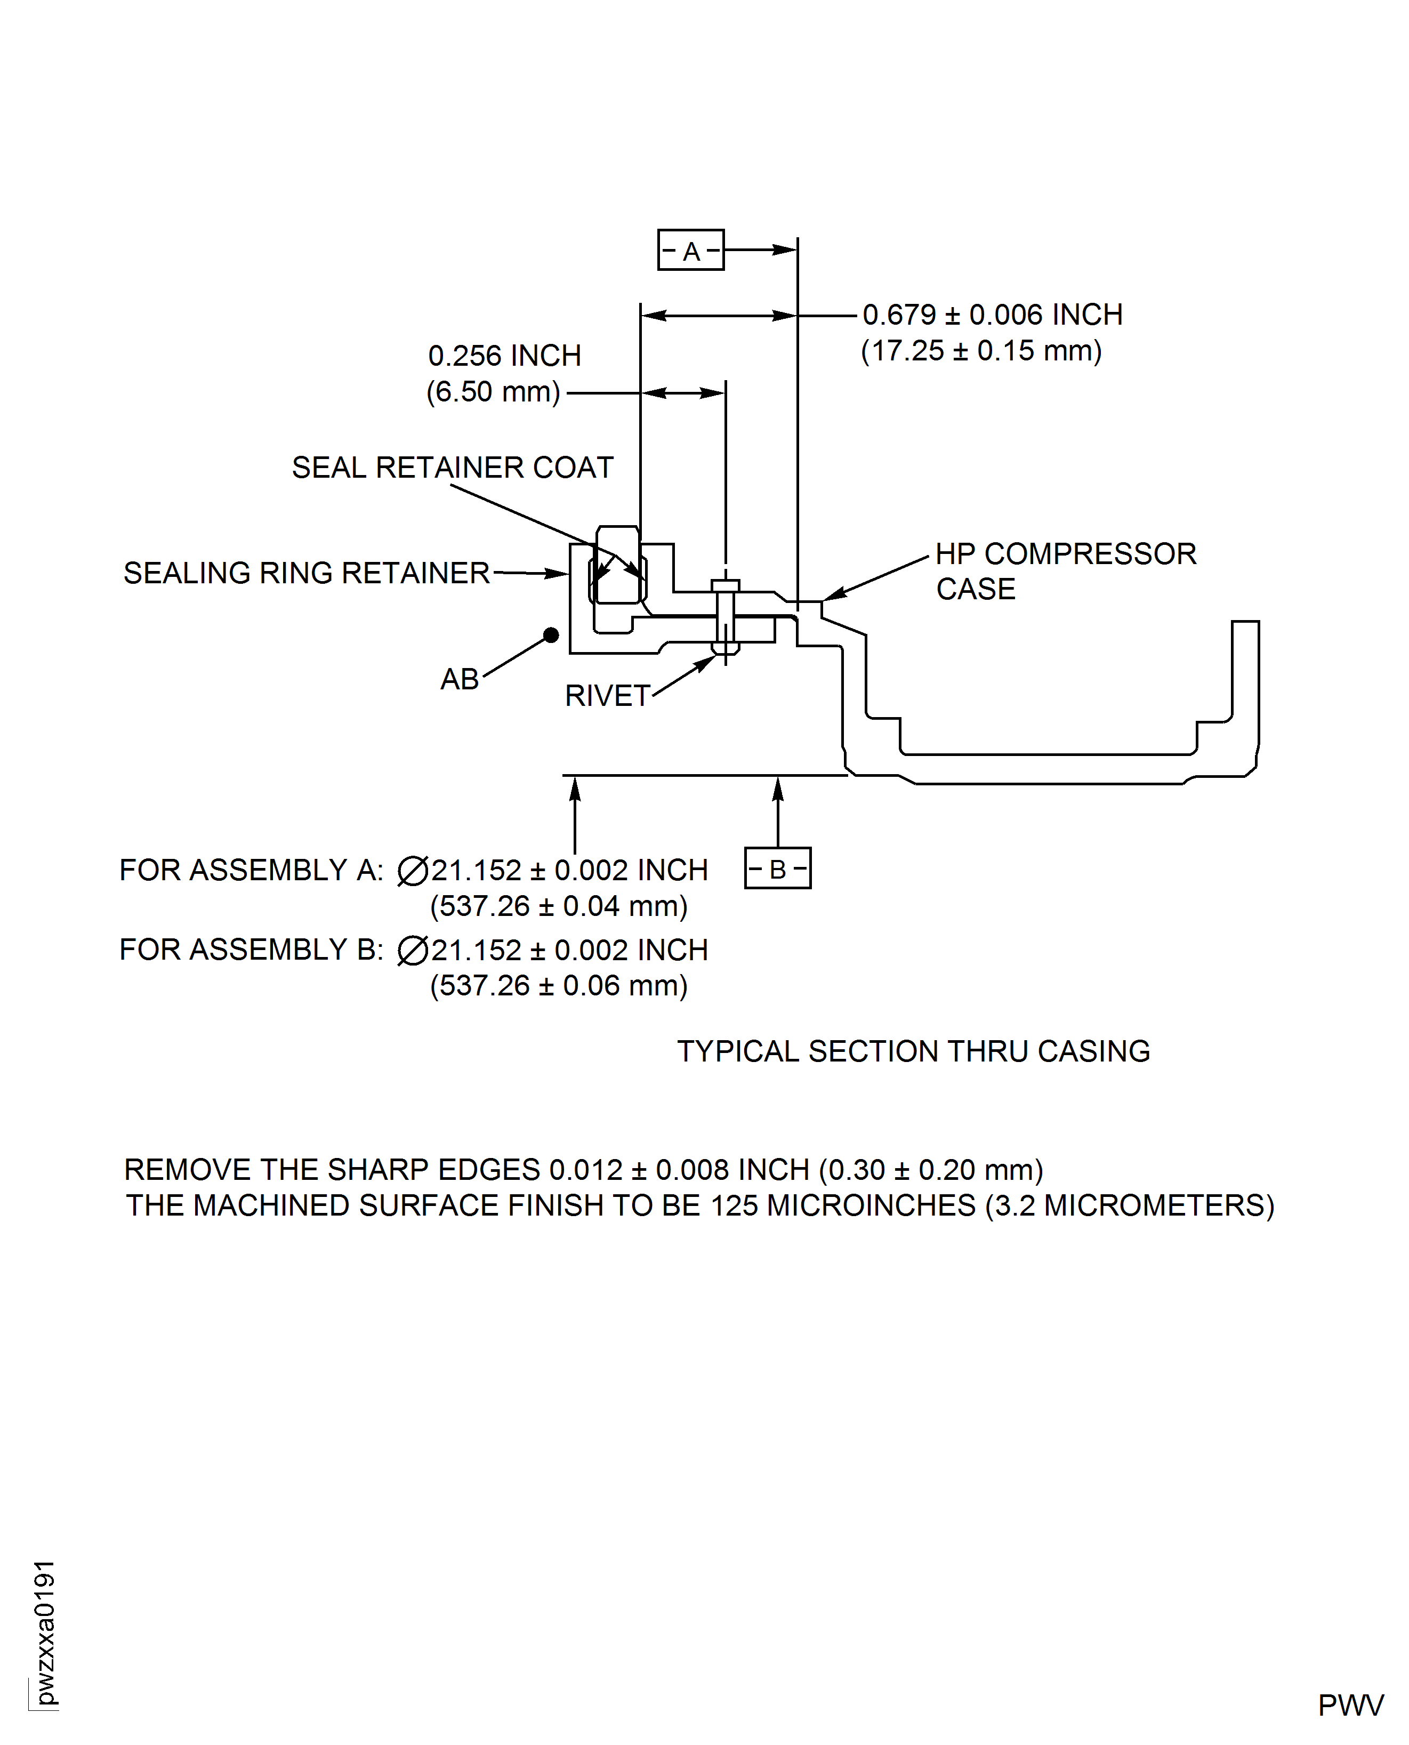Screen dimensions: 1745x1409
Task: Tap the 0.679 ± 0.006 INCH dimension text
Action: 992,315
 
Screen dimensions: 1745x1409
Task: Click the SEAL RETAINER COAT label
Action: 452,468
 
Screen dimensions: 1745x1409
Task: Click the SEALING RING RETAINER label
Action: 306,573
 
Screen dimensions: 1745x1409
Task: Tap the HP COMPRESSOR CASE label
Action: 1064,570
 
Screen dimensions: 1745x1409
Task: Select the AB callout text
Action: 460,679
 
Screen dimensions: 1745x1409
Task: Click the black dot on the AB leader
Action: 551,634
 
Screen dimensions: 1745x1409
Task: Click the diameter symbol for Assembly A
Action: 412,871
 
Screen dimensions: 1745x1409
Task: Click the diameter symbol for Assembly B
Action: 412,951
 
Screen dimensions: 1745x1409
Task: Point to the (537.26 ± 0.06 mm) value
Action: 558,985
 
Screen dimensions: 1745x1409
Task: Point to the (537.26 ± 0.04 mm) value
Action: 558,906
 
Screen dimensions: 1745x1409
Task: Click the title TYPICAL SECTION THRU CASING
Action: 913,1051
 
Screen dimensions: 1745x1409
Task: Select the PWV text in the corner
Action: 1350,1705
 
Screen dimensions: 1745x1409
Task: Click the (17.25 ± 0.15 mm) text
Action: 980,351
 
